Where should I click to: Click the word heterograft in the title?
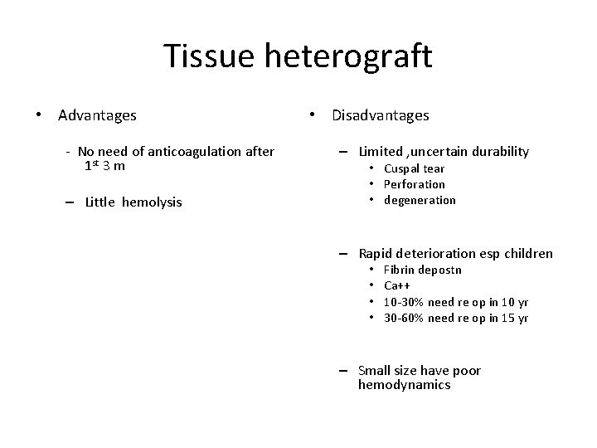click(349, 56)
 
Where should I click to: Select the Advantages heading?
click(97, 115)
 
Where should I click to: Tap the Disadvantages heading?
click(381, 115)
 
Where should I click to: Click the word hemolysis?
click(152, 202)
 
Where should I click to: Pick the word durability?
click(496, 151)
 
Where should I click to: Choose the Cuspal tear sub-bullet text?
click(414, 168)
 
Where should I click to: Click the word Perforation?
click(414, 184)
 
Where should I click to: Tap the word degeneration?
click(420, 200)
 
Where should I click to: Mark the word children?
click(526, 253)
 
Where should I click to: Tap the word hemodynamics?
click(404, 385)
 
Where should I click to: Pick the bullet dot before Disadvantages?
click(313, 115)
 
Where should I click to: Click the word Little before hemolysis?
click(100, 202)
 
